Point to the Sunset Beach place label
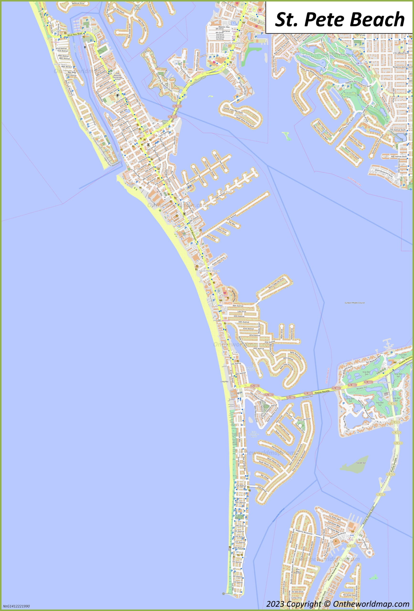point(60,64)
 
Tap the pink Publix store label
point(224,295)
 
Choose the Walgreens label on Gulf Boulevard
point(226,321)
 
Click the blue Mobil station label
point(220,305)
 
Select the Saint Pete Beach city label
point(209,271)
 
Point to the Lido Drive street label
point(242,311)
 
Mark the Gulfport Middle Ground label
point(355,303)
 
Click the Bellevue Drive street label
point(78,3)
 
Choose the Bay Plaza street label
point(72,72)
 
